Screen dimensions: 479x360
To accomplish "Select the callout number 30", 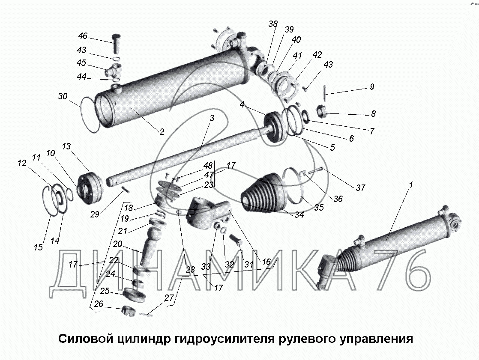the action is click(x=63, y=97).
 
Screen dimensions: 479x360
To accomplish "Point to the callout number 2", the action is click(x=162, y=132).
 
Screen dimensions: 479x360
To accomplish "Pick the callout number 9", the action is click(x=371, y=87).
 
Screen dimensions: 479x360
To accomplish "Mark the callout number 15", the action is click(x=39, y=247).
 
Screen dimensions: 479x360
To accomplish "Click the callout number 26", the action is click(x=99, y=304).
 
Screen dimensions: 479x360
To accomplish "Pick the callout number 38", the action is click(x=273, y=24).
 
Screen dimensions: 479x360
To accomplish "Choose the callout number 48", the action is click(x=208, y=166).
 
